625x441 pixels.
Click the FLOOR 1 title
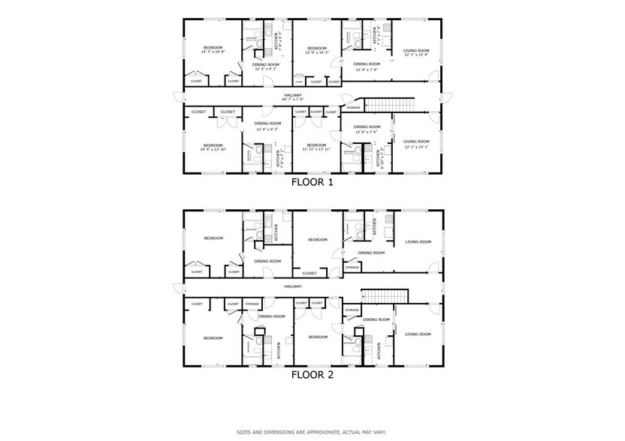click(x=312, y=181)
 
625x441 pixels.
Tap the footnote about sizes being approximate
click(x=312, y=432)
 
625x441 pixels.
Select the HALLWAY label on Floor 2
click(x=292, y=286)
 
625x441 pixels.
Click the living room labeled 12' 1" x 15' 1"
click(x=416, y=145)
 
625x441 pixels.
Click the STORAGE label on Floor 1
click(x=353, y=108)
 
